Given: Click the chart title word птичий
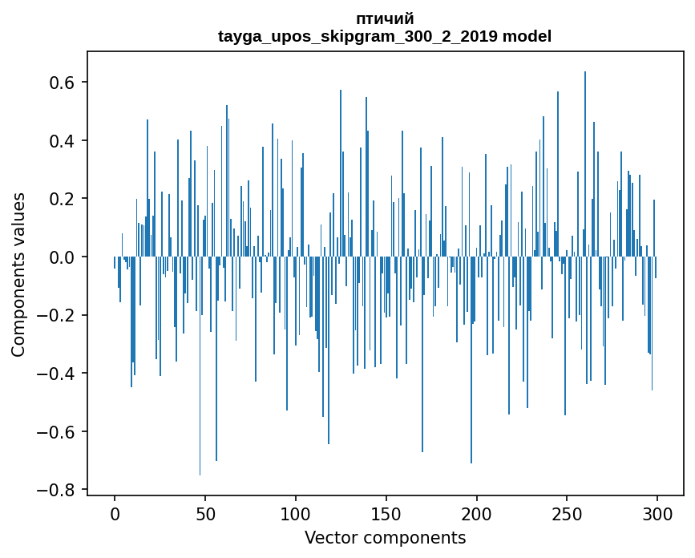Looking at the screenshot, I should (385, 19).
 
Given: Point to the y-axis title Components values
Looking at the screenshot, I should (18, 274).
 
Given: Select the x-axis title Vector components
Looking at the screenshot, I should (385, 537).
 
